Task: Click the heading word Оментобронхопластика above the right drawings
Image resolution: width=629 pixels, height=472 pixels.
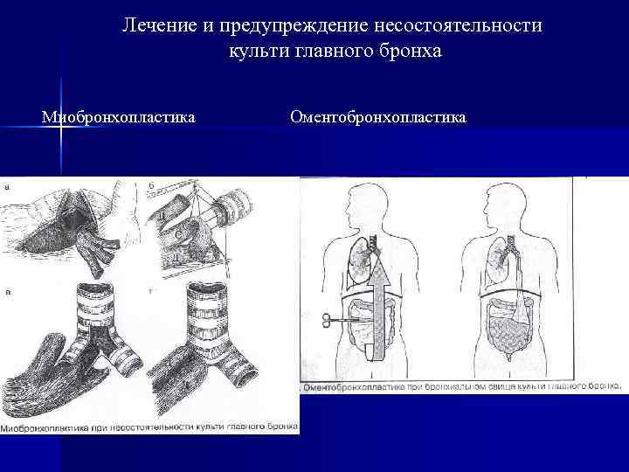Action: pos(377,117)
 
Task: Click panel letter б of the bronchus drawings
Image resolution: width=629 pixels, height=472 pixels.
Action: pos(152,185)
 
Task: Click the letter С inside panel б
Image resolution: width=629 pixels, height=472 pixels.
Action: pos(178,234)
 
